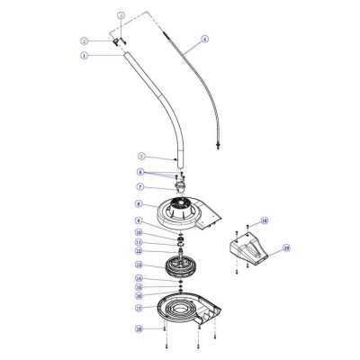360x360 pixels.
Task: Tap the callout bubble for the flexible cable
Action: pos(205,39)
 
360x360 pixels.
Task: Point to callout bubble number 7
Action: pos(139,187)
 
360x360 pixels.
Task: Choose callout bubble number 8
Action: pos(139,205)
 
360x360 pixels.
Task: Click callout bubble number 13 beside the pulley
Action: pos(139,265)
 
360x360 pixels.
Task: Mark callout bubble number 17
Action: pos(139,307)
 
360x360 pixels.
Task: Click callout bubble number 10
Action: pos(139,232)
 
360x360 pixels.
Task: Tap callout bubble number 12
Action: pos(139,252)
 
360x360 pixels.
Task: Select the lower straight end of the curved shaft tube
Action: pos(179,153)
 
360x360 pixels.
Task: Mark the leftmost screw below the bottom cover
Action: pos(166,349)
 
